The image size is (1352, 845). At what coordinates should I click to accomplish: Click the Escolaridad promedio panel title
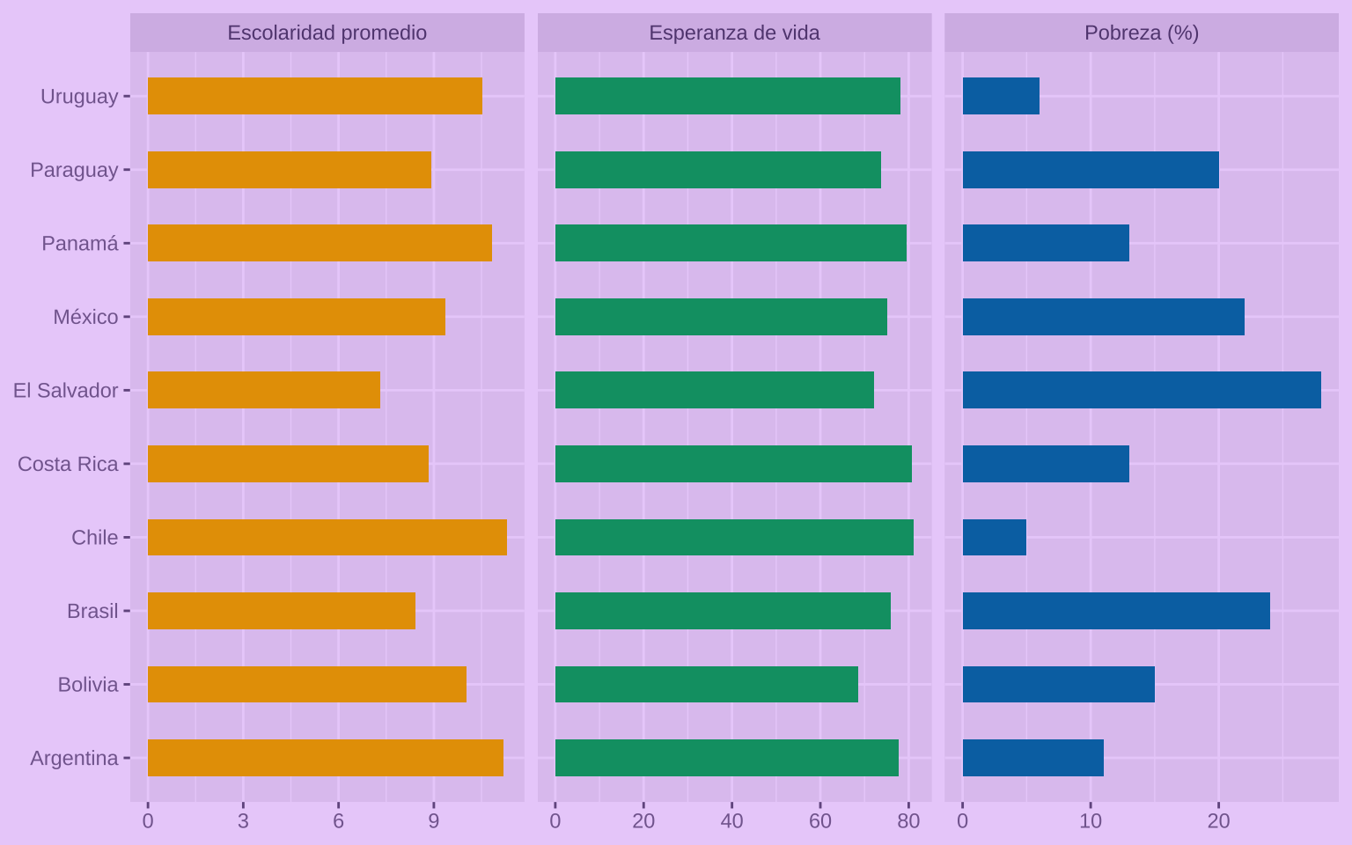point(327,33)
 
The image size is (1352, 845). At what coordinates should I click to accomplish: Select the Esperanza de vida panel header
point(734,33)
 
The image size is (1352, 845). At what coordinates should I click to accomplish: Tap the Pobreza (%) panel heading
point(1142,33)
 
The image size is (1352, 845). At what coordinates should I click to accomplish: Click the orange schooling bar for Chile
point(327,537)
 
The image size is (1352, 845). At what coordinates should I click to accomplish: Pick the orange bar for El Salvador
point(263,390)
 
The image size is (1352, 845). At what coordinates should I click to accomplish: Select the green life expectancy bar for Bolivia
point(706,684)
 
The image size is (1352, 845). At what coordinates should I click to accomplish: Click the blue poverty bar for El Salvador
point(1142,390)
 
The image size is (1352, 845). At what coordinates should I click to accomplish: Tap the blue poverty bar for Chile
point(995,537)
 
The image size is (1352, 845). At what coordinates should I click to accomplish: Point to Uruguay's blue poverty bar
point(1001,96)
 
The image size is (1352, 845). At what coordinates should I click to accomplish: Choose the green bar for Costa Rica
point(733,464)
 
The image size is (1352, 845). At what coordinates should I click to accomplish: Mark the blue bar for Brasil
point(1116,611)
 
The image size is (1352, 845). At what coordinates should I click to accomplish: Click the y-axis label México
point(85,317)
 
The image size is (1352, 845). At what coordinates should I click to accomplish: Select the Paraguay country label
point(74,170)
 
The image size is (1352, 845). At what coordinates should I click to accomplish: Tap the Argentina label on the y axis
point(74,758)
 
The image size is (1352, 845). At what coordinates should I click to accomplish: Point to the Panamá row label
point(80,243)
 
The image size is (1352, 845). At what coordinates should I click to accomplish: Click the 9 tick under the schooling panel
point(433,821)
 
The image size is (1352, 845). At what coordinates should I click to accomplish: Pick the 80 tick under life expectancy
point(908,821)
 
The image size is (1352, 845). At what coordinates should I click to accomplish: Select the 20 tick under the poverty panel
point(1218,821)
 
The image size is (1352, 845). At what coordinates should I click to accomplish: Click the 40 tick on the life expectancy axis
point(731,821)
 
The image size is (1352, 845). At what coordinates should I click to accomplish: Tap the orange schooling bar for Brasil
point(281,611)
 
